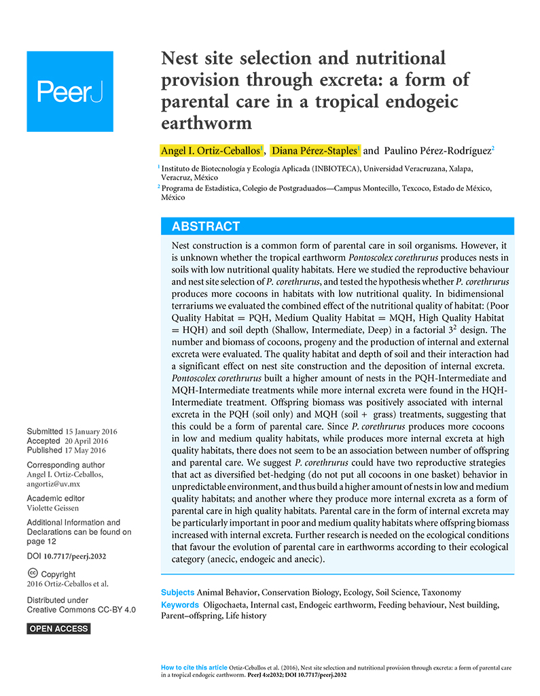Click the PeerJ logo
[x=70, y=91]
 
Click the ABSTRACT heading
[x=205, y=226]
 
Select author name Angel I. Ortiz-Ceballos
[x=211, y=150]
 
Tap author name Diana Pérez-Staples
[x=314, y=150]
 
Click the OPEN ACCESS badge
[x=58, y=629]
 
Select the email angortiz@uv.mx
[x=53, y=484]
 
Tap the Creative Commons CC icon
[x=33, y=574]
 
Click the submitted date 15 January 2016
[x=91, y=432]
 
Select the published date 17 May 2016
[x=85, y=450]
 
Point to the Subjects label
[x=177, y=593]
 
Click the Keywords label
[x=180, y=604]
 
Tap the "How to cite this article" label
[x=194, y=667]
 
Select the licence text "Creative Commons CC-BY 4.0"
[x=81, y=610]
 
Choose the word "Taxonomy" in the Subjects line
[x=441, y=593]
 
